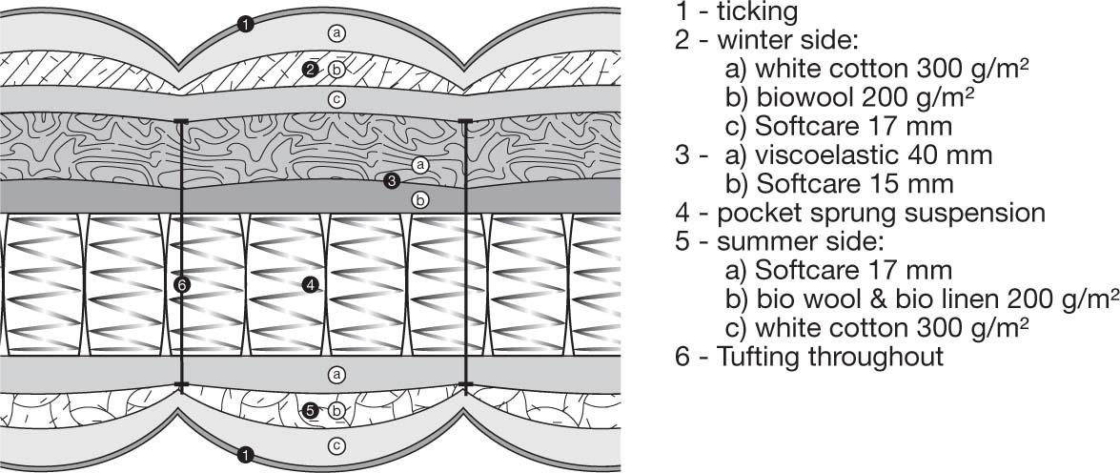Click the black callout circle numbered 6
[182, 285]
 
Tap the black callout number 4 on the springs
[310, 284]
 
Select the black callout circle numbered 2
[310, 70]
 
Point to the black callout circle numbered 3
[391, 181]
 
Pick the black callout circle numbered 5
[310, 411]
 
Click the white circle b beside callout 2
[336, 70]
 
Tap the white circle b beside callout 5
[336, 411]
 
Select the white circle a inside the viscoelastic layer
[420, 165]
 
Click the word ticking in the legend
[757, 12]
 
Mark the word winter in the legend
[762, 41]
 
